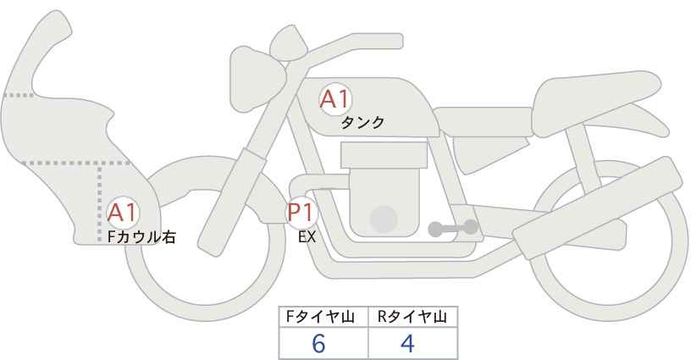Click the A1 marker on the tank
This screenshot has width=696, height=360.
335,99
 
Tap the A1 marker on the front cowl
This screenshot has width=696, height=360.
123,213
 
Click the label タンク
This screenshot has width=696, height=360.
362,123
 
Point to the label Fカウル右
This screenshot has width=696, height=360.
141,237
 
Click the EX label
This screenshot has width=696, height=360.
307,237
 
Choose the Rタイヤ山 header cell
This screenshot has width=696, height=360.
413,317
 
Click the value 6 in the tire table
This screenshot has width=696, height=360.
318,344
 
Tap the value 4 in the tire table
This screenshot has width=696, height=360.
407,344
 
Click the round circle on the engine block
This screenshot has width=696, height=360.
384,219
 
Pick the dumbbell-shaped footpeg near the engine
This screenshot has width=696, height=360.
453,228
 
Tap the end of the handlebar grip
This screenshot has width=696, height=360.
399,42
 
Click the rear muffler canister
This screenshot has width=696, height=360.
597,208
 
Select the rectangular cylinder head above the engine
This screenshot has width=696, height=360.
384,155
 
